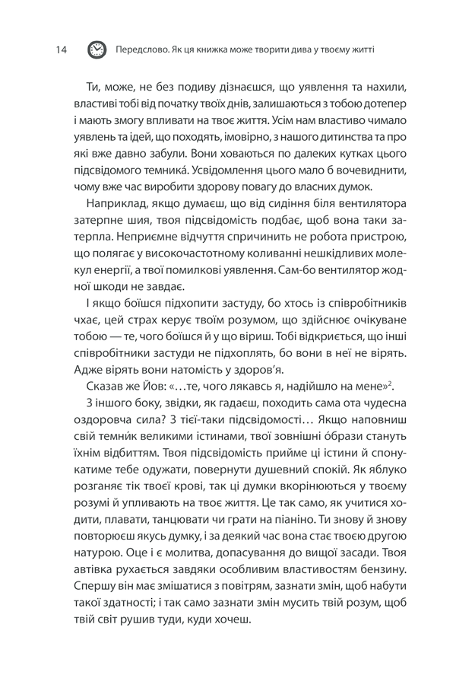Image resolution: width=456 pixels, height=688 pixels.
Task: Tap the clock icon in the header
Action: pyautogui.click(x=96, y=50)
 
